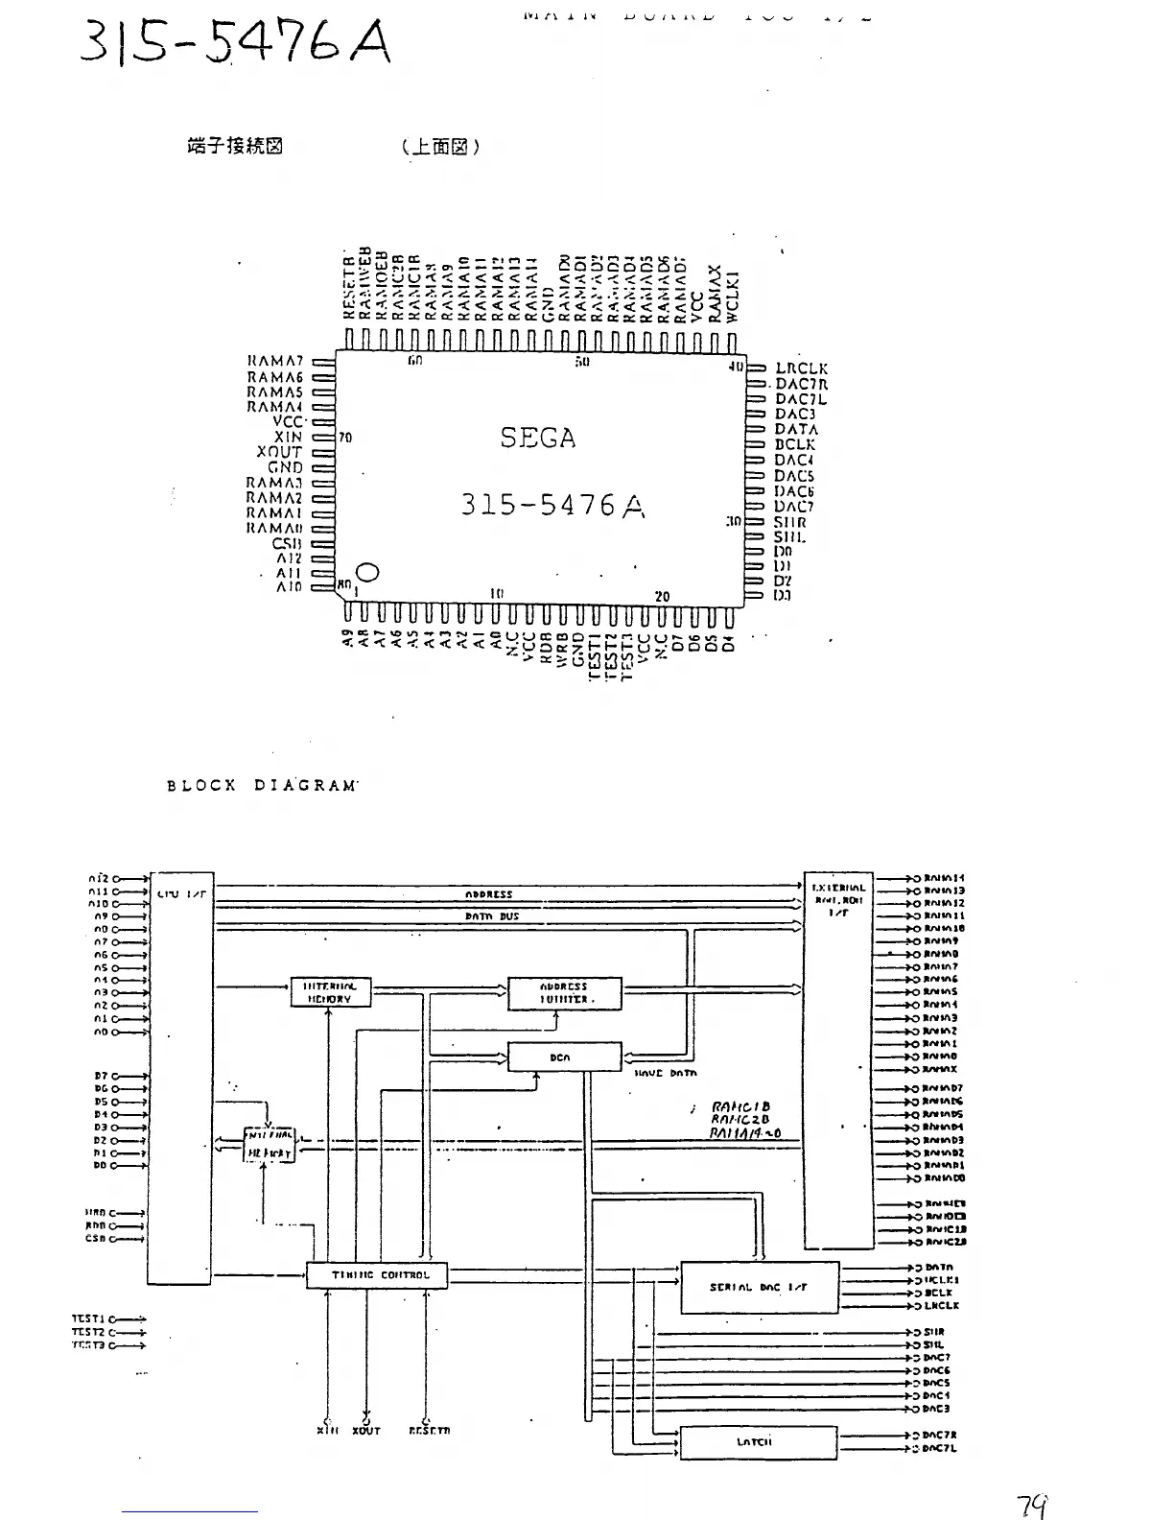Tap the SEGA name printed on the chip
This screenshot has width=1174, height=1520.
(x=538, y=439)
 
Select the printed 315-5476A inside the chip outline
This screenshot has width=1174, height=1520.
(x=552, y=505)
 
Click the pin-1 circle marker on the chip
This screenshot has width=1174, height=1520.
(x=368, y=573)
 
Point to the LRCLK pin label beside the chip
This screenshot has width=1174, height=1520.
(x=801, y=368)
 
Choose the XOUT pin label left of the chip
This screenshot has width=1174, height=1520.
(x=279, y=452)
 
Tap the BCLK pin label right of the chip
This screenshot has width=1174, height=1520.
(x=795, y=444)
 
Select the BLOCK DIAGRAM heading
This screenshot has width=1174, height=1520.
(x=262, y=785)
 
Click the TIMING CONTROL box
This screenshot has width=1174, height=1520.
(x=377, y=1275)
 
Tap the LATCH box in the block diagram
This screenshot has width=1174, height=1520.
(x=757, y=1442)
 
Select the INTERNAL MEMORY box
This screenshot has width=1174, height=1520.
(x=330, y=992)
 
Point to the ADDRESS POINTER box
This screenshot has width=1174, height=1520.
(x=564, y=993)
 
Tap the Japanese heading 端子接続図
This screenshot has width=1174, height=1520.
(x=235, y=147)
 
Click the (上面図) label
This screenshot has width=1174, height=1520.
(x=441, y=147)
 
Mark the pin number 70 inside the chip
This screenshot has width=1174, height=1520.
(x=345, y=439)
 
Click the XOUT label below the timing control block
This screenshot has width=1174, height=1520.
(x=365, y=1430)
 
